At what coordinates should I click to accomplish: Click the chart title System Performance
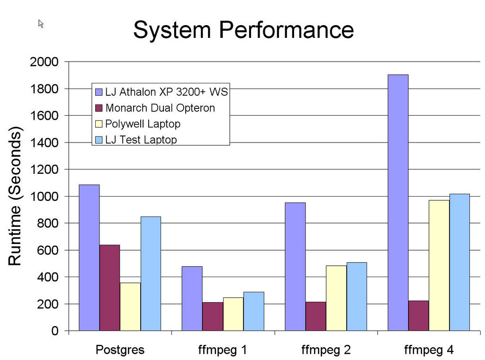coord(243,30)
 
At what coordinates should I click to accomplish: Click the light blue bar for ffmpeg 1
coord(254,311)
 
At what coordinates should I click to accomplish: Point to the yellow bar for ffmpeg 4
coord(439,265)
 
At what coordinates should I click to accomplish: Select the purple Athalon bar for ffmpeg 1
coord(192,298)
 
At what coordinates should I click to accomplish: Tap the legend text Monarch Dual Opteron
coord(160,108)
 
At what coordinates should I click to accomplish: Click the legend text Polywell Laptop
coord(143,124)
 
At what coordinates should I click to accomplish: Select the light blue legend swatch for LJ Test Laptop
coord(99,140)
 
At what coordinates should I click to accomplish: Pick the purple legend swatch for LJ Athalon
coord(99,92)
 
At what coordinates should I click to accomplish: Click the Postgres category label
coord(120,351)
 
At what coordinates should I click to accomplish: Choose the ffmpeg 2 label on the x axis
coord(326,351)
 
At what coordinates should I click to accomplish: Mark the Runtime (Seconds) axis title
coord(15,196)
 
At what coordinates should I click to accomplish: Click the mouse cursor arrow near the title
coord(41,23)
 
